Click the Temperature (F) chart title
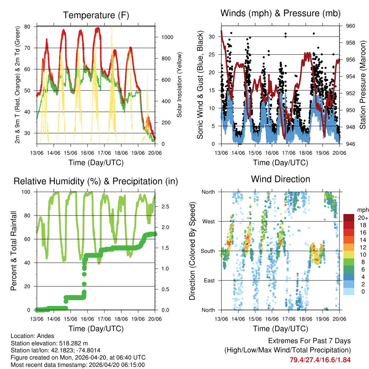click(96, 15)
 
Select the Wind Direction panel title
click(280, 179)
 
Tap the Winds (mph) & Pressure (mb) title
click(280, 14)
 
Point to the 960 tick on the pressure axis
click(351, 26)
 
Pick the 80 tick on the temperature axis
click(28, 27)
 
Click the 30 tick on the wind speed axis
click(213, 36)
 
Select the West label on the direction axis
click(208, 221)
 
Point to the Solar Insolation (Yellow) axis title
click(179, 85)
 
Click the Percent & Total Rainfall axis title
click(14, 251)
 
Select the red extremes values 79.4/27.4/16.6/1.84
click(320, 360)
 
